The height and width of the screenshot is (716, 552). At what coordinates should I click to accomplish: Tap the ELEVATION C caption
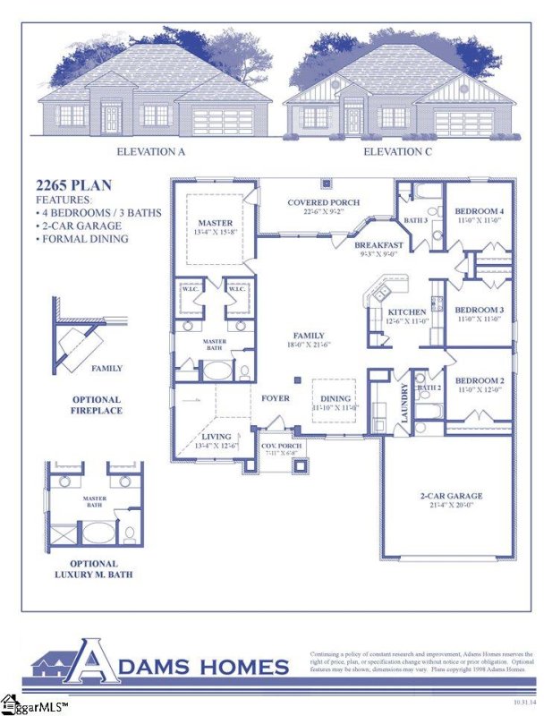tap(397, 152)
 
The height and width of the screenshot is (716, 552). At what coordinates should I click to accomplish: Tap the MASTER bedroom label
tap(215, 223)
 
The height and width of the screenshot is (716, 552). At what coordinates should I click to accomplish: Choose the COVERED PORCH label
tap(323, 202)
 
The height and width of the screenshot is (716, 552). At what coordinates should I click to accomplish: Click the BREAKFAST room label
tap(378, 244)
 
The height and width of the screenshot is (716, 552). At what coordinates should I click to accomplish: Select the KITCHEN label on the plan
tap(407, 312)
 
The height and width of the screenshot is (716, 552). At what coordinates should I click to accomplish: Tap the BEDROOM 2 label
tap(480, 380)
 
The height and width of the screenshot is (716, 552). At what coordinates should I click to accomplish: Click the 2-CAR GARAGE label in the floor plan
tap(451, 495)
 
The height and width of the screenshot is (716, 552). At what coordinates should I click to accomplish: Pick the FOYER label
tap(275, 397)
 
